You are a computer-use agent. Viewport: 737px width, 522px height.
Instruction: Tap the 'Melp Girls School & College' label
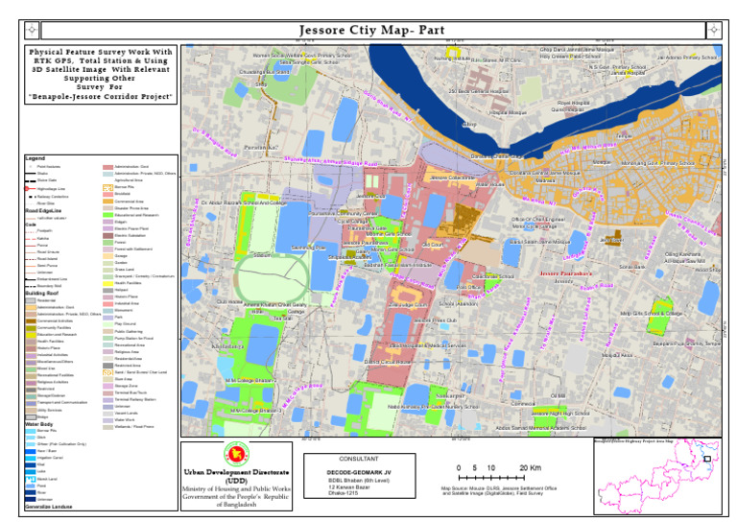[x=652, y=313]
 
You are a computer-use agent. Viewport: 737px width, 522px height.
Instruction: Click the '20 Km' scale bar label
[x=530, y=467]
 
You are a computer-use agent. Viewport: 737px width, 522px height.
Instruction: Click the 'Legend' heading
[x=35, y=157]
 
